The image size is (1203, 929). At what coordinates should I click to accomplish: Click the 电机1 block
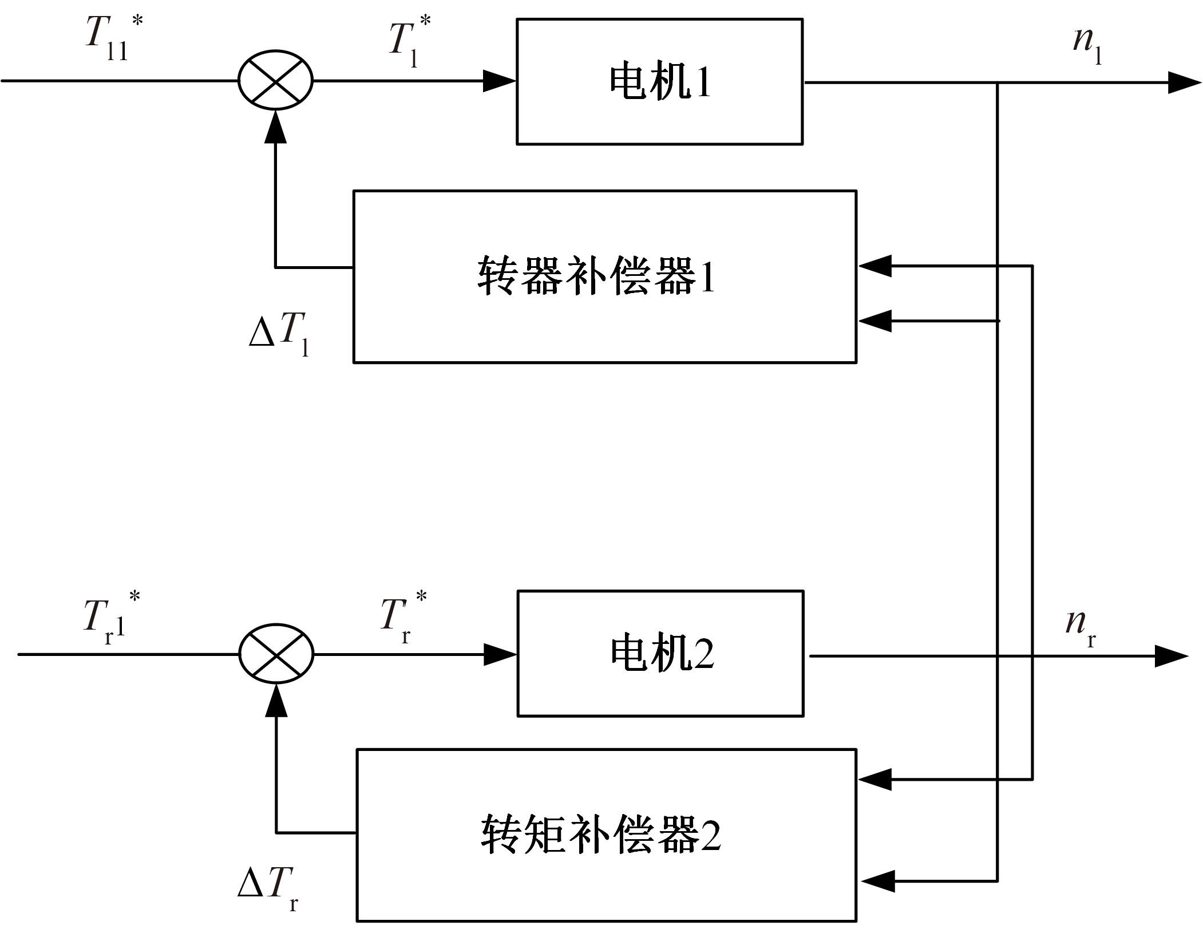pyautogui.click(x=659, y=82)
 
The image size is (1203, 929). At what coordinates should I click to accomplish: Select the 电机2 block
pyautogui.click(x=660, y=654)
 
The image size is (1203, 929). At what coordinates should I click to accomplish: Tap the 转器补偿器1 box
pyautogui.click(x=604, y=276)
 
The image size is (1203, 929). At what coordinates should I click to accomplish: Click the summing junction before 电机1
pyautogui.click(x=275, y=81)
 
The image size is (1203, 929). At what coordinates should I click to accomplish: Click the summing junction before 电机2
pyautogui.click(x=276, y=654)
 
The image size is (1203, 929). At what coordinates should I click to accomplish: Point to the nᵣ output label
pyautogui.click(x=1081, y=627)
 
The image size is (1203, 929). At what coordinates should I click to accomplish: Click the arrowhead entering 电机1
pyautogui.click(x=499, y=81)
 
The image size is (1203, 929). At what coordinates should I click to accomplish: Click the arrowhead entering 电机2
pyautogui.click(x=500, y=654)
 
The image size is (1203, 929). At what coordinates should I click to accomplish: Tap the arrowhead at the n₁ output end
pyautogui.click(x=1184, y=82)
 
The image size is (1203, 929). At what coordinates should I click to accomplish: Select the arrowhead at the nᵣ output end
pyautogui.click(x=1171, y=656)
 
